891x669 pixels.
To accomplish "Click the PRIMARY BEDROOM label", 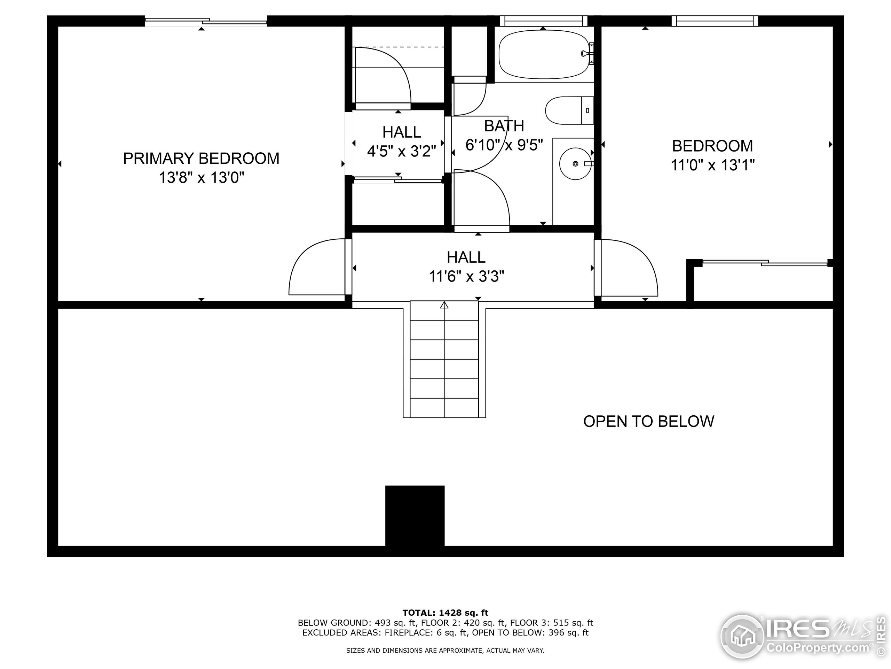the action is point(201,159).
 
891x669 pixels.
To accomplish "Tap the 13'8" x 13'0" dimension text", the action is point(202,177).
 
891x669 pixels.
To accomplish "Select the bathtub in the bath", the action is point(544,54).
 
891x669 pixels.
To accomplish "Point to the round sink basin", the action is point(576,164).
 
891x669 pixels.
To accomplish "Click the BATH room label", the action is point(504,126).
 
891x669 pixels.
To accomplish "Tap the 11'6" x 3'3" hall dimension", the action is point(466,277).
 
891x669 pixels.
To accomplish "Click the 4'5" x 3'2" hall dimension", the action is point(402,151).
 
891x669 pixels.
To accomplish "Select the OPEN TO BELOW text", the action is point(648,421).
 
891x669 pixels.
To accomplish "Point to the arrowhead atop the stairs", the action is point(444,305).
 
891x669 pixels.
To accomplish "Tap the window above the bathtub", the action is point(544,21).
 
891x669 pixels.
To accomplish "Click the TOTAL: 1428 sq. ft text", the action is point(445,613).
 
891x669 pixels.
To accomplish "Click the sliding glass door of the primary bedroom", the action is point(206,22).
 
